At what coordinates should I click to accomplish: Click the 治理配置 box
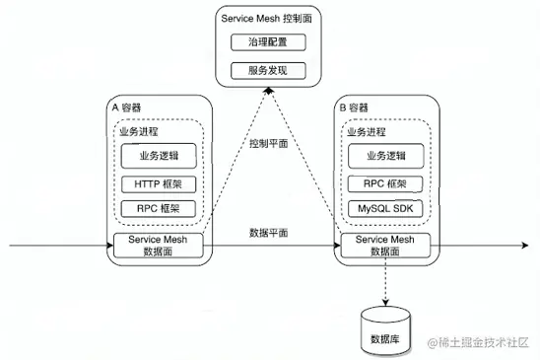[268, 42]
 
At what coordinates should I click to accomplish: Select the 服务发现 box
[268, 70]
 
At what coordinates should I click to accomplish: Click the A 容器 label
[129, 106]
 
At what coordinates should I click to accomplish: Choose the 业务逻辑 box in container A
[160, 155]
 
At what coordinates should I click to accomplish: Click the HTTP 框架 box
[160, 182]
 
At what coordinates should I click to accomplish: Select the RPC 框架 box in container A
[160, 208]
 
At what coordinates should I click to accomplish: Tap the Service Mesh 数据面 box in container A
[160, 245]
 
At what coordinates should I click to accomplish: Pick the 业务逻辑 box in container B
[384, 155]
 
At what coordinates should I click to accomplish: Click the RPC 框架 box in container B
[384, 182]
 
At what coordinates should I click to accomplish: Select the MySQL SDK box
[384, 208]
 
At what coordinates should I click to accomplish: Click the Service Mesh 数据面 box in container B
[384, 245]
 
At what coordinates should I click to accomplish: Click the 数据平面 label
[268, 234]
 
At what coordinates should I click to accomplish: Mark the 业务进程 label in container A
[136, 130]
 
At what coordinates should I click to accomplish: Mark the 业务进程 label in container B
[364, 130]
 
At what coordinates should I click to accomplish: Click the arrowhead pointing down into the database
[384, 298]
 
